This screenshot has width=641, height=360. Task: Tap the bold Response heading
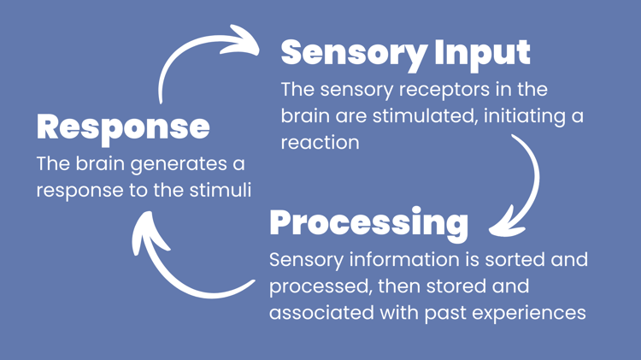[x=123, y=128]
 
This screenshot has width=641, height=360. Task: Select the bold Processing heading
[x=368, y=224]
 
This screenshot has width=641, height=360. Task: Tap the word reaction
[x=320, y=143]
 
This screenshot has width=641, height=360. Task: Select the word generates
[x=179, y=164]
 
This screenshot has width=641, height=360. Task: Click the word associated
[x=321, y=313]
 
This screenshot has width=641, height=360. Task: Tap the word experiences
[x=529, y=314]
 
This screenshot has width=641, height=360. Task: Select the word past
[x=444, y=314]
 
